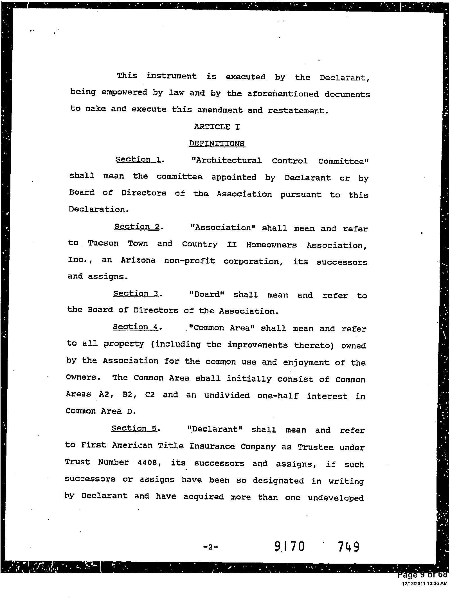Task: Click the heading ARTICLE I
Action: [217, 127]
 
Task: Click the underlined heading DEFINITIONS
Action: [217, 143]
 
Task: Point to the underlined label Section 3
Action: [136, 294]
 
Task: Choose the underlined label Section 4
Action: [136, 327]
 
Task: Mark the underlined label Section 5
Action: [134, 428]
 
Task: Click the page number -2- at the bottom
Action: [210, 547]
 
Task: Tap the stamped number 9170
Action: [289, 546]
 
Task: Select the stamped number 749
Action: [348, 546]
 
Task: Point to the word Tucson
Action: [103, 243]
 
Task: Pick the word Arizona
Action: [138, 260]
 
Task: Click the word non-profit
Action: [190, 261]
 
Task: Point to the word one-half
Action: [278, 395]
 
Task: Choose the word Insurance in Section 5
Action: [212, 446]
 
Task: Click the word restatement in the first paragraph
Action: [298, 111]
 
